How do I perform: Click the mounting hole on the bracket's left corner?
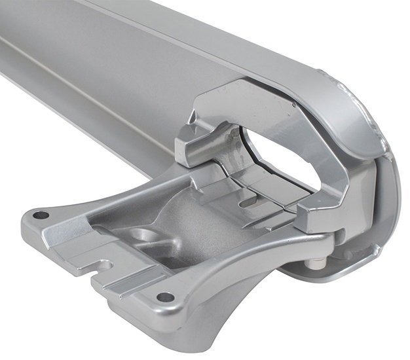[41, 215]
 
